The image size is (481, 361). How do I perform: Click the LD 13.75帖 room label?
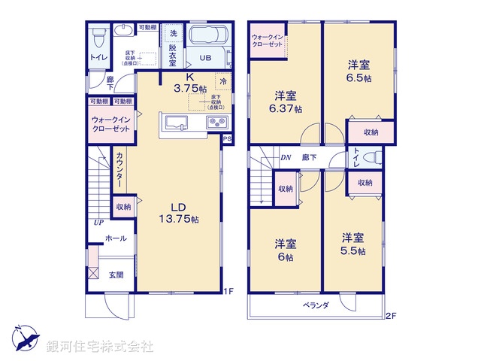pyautogui.click(x=183, y=213)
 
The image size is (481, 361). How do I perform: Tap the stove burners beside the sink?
pyautogui.click(x=215, y=123)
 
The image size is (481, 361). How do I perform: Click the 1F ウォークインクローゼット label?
pyautogui.click(x=111, y=124)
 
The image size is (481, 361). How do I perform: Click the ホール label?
pyautogui.click(x=116, y=238)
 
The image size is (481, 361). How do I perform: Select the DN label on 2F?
pyautogui.click(x=286, y=158)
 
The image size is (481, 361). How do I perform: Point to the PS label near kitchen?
pyautogui.click(x=228, y=139)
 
